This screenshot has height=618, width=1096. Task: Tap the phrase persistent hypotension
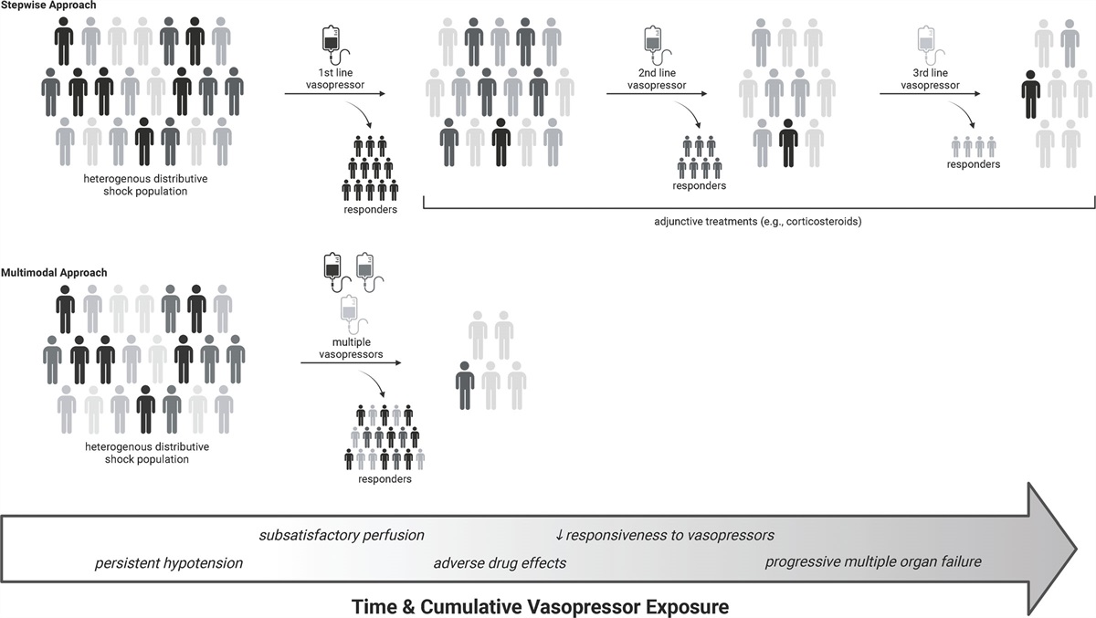[169, 562]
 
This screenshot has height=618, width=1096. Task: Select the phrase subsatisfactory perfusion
[342, 534]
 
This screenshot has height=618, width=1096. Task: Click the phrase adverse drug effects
[500, 562]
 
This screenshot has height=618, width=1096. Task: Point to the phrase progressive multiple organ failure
[873, 561]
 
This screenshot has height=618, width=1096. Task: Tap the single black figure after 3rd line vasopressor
[1031, 94]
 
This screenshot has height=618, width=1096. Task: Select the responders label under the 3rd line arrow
[974, 164]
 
